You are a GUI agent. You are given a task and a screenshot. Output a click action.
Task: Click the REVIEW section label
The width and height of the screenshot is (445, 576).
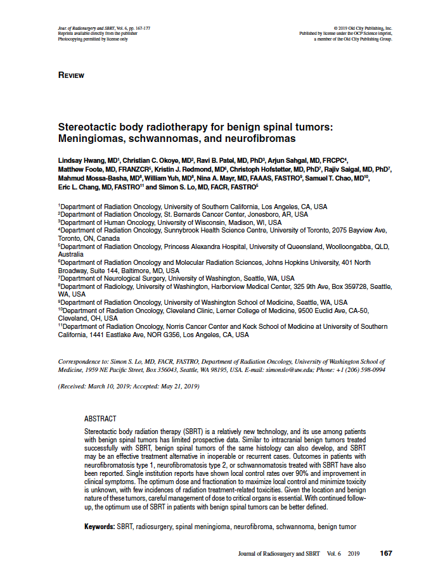(x=71, y=75)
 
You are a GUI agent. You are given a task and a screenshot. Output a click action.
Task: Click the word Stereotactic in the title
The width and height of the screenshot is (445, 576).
(x=89, y=127)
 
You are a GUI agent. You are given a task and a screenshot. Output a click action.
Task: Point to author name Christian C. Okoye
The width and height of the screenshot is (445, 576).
(x=150, y=161)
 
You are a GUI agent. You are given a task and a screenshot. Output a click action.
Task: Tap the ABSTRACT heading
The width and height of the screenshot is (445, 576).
(x=100, y=419)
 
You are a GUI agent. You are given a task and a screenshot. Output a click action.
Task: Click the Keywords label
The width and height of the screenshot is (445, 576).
(x=100, y=527)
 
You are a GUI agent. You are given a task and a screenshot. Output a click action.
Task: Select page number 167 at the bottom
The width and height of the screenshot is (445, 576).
(x=385, y=553)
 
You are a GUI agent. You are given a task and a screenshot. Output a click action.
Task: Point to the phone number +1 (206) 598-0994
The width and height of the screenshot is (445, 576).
(x=359, y=369)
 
